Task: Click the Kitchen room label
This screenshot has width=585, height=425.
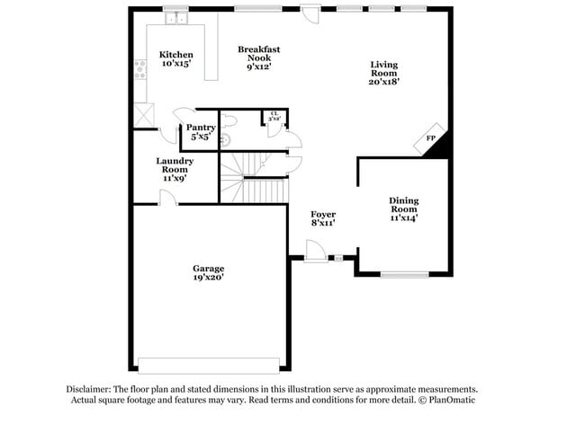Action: pos(175,55)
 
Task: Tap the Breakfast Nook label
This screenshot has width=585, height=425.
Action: pos(259,57)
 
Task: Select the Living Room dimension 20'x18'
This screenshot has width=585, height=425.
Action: pos(384,81)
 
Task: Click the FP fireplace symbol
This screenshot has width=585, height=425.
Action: pos(431,137)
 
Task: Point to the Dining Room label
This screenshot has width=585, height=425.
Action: pos(403,205)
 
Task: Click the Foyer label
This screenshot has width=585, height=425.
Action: pos(323,214)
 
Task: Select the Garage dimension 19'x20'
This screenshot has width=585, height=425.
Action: pos(208,278)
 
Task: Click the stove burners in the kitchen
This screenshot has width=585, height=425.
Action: pos(140,69)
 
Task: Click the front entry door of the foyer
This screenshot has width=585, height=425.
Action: pos(315,252)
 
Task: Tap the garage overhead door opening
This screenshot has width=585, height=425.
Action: pos(208,366)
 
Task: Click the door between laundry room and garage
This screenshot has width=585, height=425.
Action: pos(167,199)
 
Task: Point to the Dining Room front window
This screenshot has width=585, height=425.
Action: pos(404,274)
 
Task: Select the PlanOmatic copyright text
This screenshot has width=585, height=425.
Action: pos(445,400)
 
